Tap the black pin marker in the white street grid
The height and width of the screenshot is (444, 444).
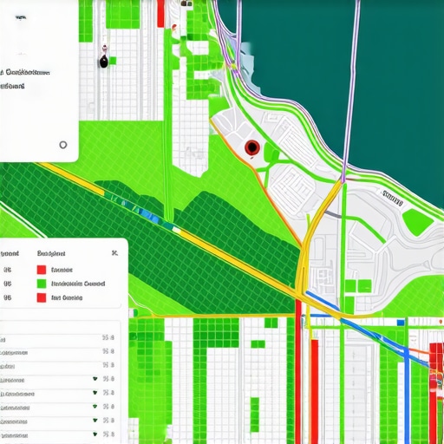tap(104, 60)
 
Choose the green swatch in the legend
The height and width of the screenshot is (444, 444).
tap(41, 283)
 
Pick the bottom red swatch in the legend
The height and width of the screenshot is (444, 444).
tap(41, 297)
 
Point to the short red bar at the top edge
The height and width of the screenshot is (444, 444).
tap(161, 11)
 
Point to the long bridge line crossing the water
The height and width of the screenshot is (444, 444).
tap(351, 87)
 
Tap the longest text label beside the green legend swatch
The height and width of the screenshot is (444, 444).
tap(78, 283)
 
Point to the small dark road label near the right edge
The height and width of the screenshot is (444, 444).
tap(393, 199)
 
